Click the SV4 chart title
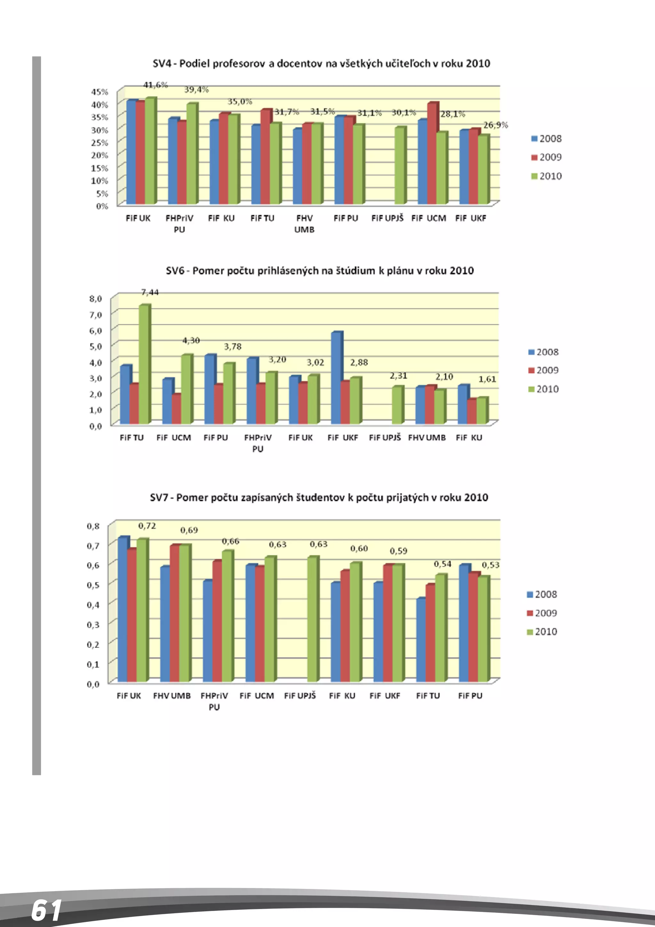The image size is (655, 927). click(x=321, y=63)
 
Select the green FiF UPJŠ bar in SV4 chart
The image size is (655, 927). click(x=400, y=165)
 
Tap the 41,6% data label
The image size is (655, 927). click(x=155, y=85)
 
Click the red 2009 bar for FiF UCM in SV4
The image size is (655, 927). click(x=432, y=153)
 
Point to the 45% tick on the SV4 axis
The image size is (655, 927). click(x=99, y=92)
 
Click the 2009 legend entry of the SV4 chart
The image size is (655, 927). click(x=547, y=157)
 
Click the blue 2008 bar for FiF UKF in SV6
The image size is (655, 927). click(x=336, y=377)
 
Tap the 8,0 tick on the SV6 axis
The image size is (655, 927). click(x=96, y=299)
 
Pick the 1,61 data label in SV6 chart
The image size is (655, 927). click(x=487, y=379)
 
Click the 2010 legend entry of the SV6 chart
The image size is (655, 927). click(x=544, y=389)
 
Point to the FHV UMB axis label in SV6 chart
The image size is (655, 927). click(x=427, y=438)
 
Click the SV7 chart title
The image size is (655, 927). click(x=319, y=497)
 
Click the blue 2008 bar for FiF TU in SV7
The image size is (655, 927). click(x=421, y=640)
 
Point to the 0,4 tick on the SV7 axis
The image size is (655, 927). click(x=93, y=604)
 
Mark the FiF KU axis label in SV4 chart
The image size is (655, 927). click(x=221, y=218)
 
